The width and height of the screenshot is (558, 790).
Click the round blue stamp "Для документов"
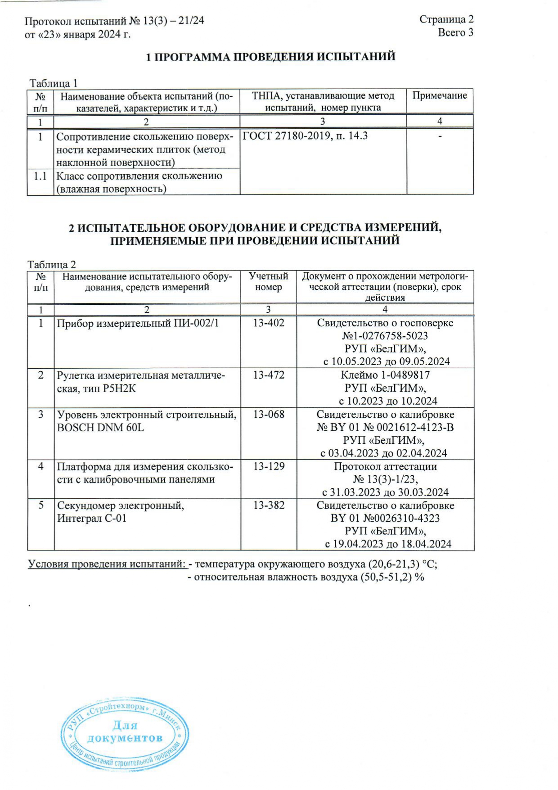[x=125, y=735]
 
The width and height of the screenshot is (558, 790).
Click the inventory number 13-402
[x=268, y=323]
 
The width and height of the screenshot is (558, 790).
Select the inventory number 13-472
[x=268, y=375]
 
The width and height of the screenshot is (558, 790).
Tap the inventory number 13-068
[x=268, y=414]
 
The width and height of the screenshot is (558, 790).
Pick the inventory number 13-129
[x=268, y=466]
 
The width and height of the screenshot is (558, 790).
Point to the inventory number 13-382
[x=268, y=505]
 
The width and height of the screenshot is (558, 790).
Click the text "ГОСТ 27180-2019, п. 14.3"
[x=305, y=136]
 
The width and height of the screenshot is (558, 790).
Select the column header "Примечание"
[x=439, y=95]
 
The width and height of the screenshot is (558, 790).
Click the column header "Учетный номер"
[x=268, y=282]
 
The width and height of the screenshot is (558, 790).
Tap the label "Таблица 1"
[x=54, y=83]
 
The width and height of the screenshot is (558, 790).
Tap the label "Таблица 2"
[x=52, y=265]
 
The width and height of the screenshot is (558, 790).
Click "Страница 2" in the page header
[x=446, y=19]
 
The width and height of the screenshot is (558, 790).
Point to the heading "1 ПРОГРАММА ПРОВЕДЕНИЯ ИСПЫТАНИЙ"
[x=271, y=57]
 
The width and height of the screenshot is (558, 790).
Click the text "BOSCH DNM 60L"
[x=100, y=427]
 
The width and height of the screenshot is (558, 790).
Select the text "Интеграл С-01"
[x=92, y=518]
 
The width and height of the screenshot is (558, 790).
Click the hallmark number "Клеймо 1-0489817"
[x=385, y=375]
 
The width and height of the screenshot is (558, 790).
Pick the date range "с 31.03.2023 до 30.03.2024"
[x=385, y=492]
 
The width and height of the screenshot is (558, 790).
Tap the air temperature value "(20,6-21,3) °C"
[x=403, y=564]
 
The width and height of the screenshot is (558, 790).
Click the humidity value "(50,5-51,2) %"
[x=392, y=577]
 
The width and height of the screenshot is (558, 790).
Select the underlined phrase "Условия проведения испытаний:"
[x=107, y=564]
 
